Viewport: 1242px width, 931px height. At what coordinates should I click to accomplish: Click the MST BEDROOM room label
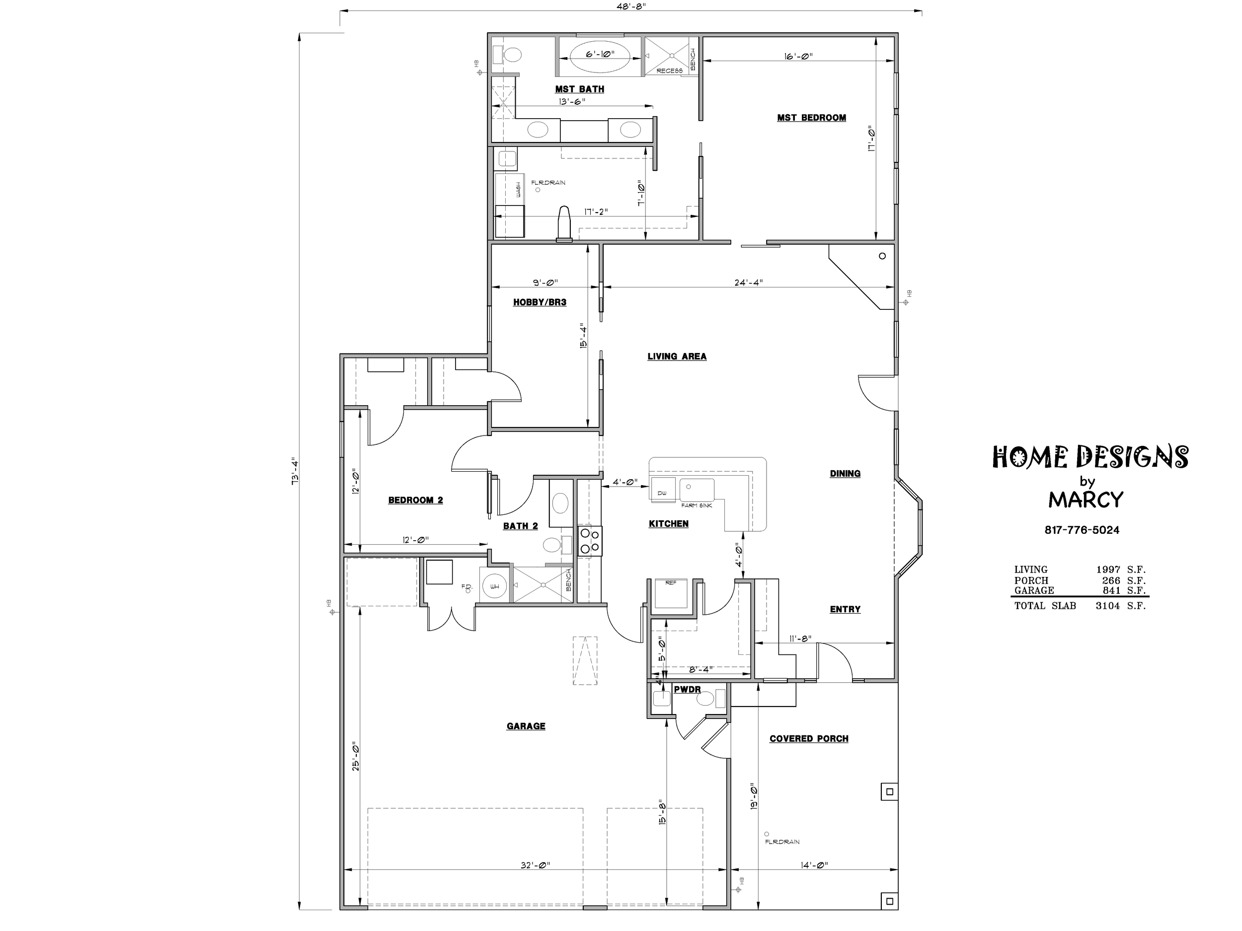811,118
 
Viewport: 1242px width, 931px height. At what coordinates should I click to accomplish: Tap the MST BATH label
579,89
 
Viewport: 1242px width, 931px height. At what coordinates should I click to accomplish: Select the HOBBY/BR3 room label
540,302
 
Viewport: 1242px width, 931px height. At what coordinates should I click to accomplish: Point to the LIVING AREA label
677,357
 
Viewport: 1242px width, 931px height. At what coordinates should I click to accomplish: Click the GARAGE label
526,726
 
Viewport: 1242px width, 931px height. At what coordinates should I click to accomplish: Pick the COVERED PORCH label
808,739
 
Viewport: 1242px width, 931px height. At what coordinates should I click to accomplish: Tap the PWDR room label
687,690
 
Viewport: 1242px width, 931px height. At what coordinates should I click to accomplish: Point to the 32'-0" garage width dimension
535,865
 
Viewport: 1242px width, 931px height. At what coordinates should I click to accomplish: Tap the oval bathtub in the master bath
600,57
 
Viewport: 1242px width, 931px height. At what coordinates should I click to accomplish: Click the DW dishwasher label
662,493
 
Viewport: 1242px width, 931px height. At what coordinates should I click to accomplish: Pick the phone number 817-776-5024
1082,530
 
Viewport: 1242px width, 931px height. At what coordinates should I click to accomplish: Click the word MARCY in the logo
1086,500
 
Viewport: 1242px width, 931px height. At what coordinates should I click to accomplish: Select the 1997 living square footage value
1107,570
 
